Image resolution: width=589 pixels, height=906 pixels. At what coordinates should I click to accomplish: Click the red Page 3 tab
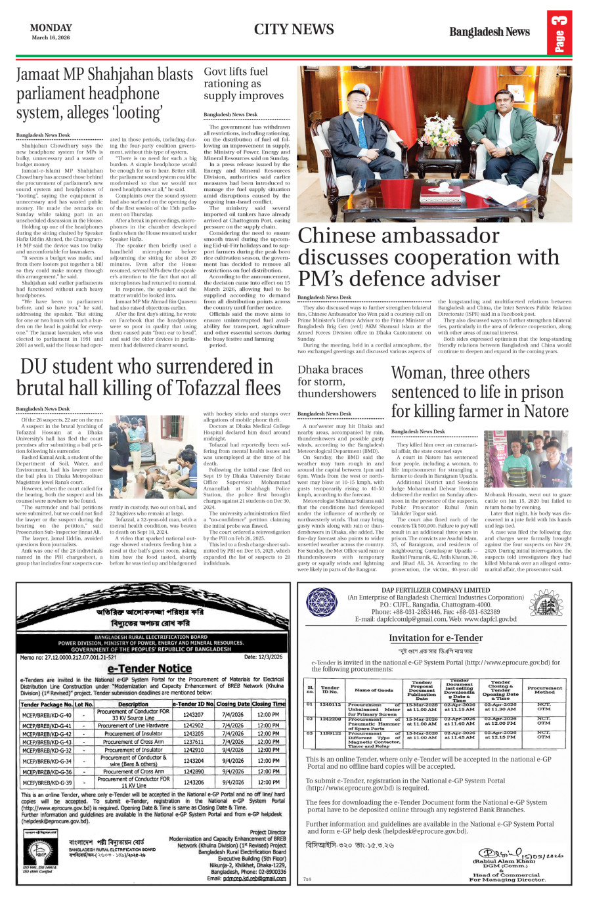click(x=559, y=33)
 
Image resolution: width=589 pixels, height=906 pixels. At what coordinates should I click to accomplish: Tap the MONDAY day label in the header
click(x=51, y=28)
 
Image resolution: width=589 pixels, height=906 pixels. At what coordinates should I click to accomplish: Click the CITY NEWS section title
click(x=294, y=30)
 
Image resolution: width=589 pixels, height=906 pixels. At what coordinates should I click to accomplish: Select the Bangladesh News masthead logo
click(x=489, y=32)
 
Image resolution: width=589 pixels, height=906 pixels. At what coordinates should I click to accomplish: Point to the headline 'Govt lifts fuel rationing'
click(x=236, y=83)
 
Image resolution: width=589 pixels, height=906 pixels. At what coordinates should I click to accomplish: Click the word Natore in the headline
click(x=540, y=412)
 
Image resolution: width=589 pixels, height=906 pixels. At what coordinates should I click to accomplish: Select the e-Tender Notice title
click(x=150, y=668)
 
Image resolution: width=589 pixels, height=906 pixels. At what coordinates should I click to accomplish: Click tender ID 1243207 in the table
click(x=193, y=715)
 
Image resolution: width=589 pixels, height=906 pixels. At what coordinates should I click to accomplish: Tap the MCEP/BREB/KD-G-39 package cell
click(x=47, y=783)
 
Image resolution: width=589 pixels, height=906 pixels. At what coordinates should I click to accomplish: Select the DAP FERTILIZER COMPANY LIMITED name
click(x=435, y=590)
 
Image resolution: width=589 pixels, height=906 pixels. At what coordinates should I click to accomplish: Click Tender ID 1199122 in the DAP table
click(x=330, y=733)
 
